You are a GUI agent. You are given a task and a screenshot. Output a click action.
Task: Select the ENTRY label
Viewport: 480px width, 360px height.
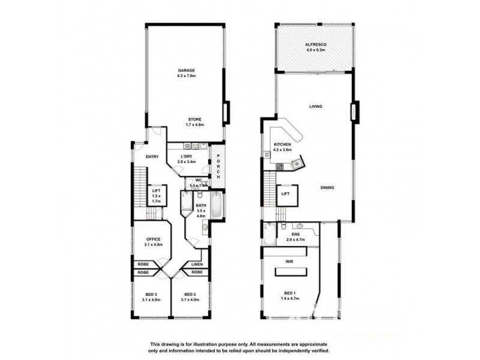pos(151,157)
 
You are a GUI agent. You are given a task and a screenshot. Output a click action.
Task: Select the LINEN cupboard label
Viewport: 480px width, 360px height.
pos(196,264)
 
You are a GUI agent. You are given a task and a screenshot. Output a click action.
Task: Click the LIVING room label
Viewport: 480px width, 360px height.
pos(316,107)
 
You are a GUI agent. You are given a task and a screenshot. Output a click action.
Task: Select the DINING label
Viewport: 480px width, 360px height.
pos(327,188)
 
